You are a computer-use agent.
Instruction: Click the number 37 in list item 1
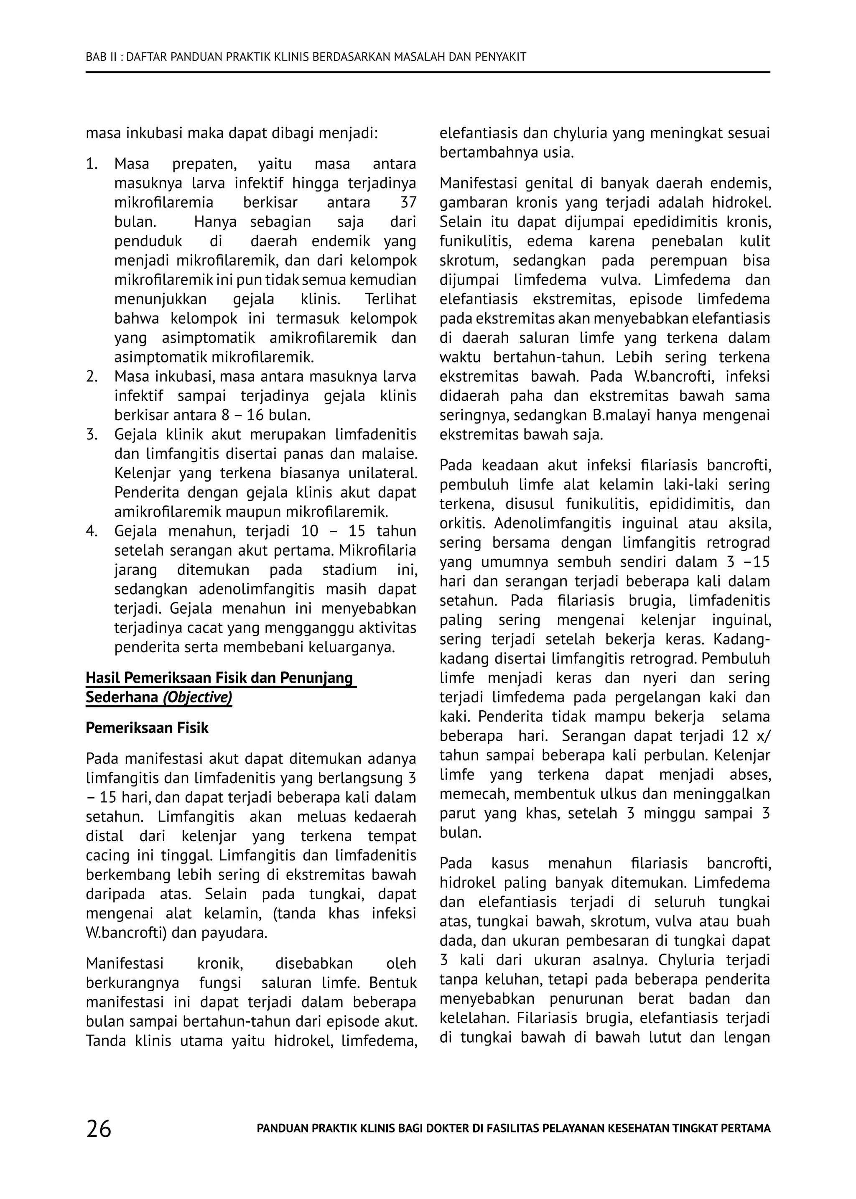click(x=408, y=202)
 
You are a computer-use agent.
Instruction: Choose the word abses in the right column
click(x=749, y=775)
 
